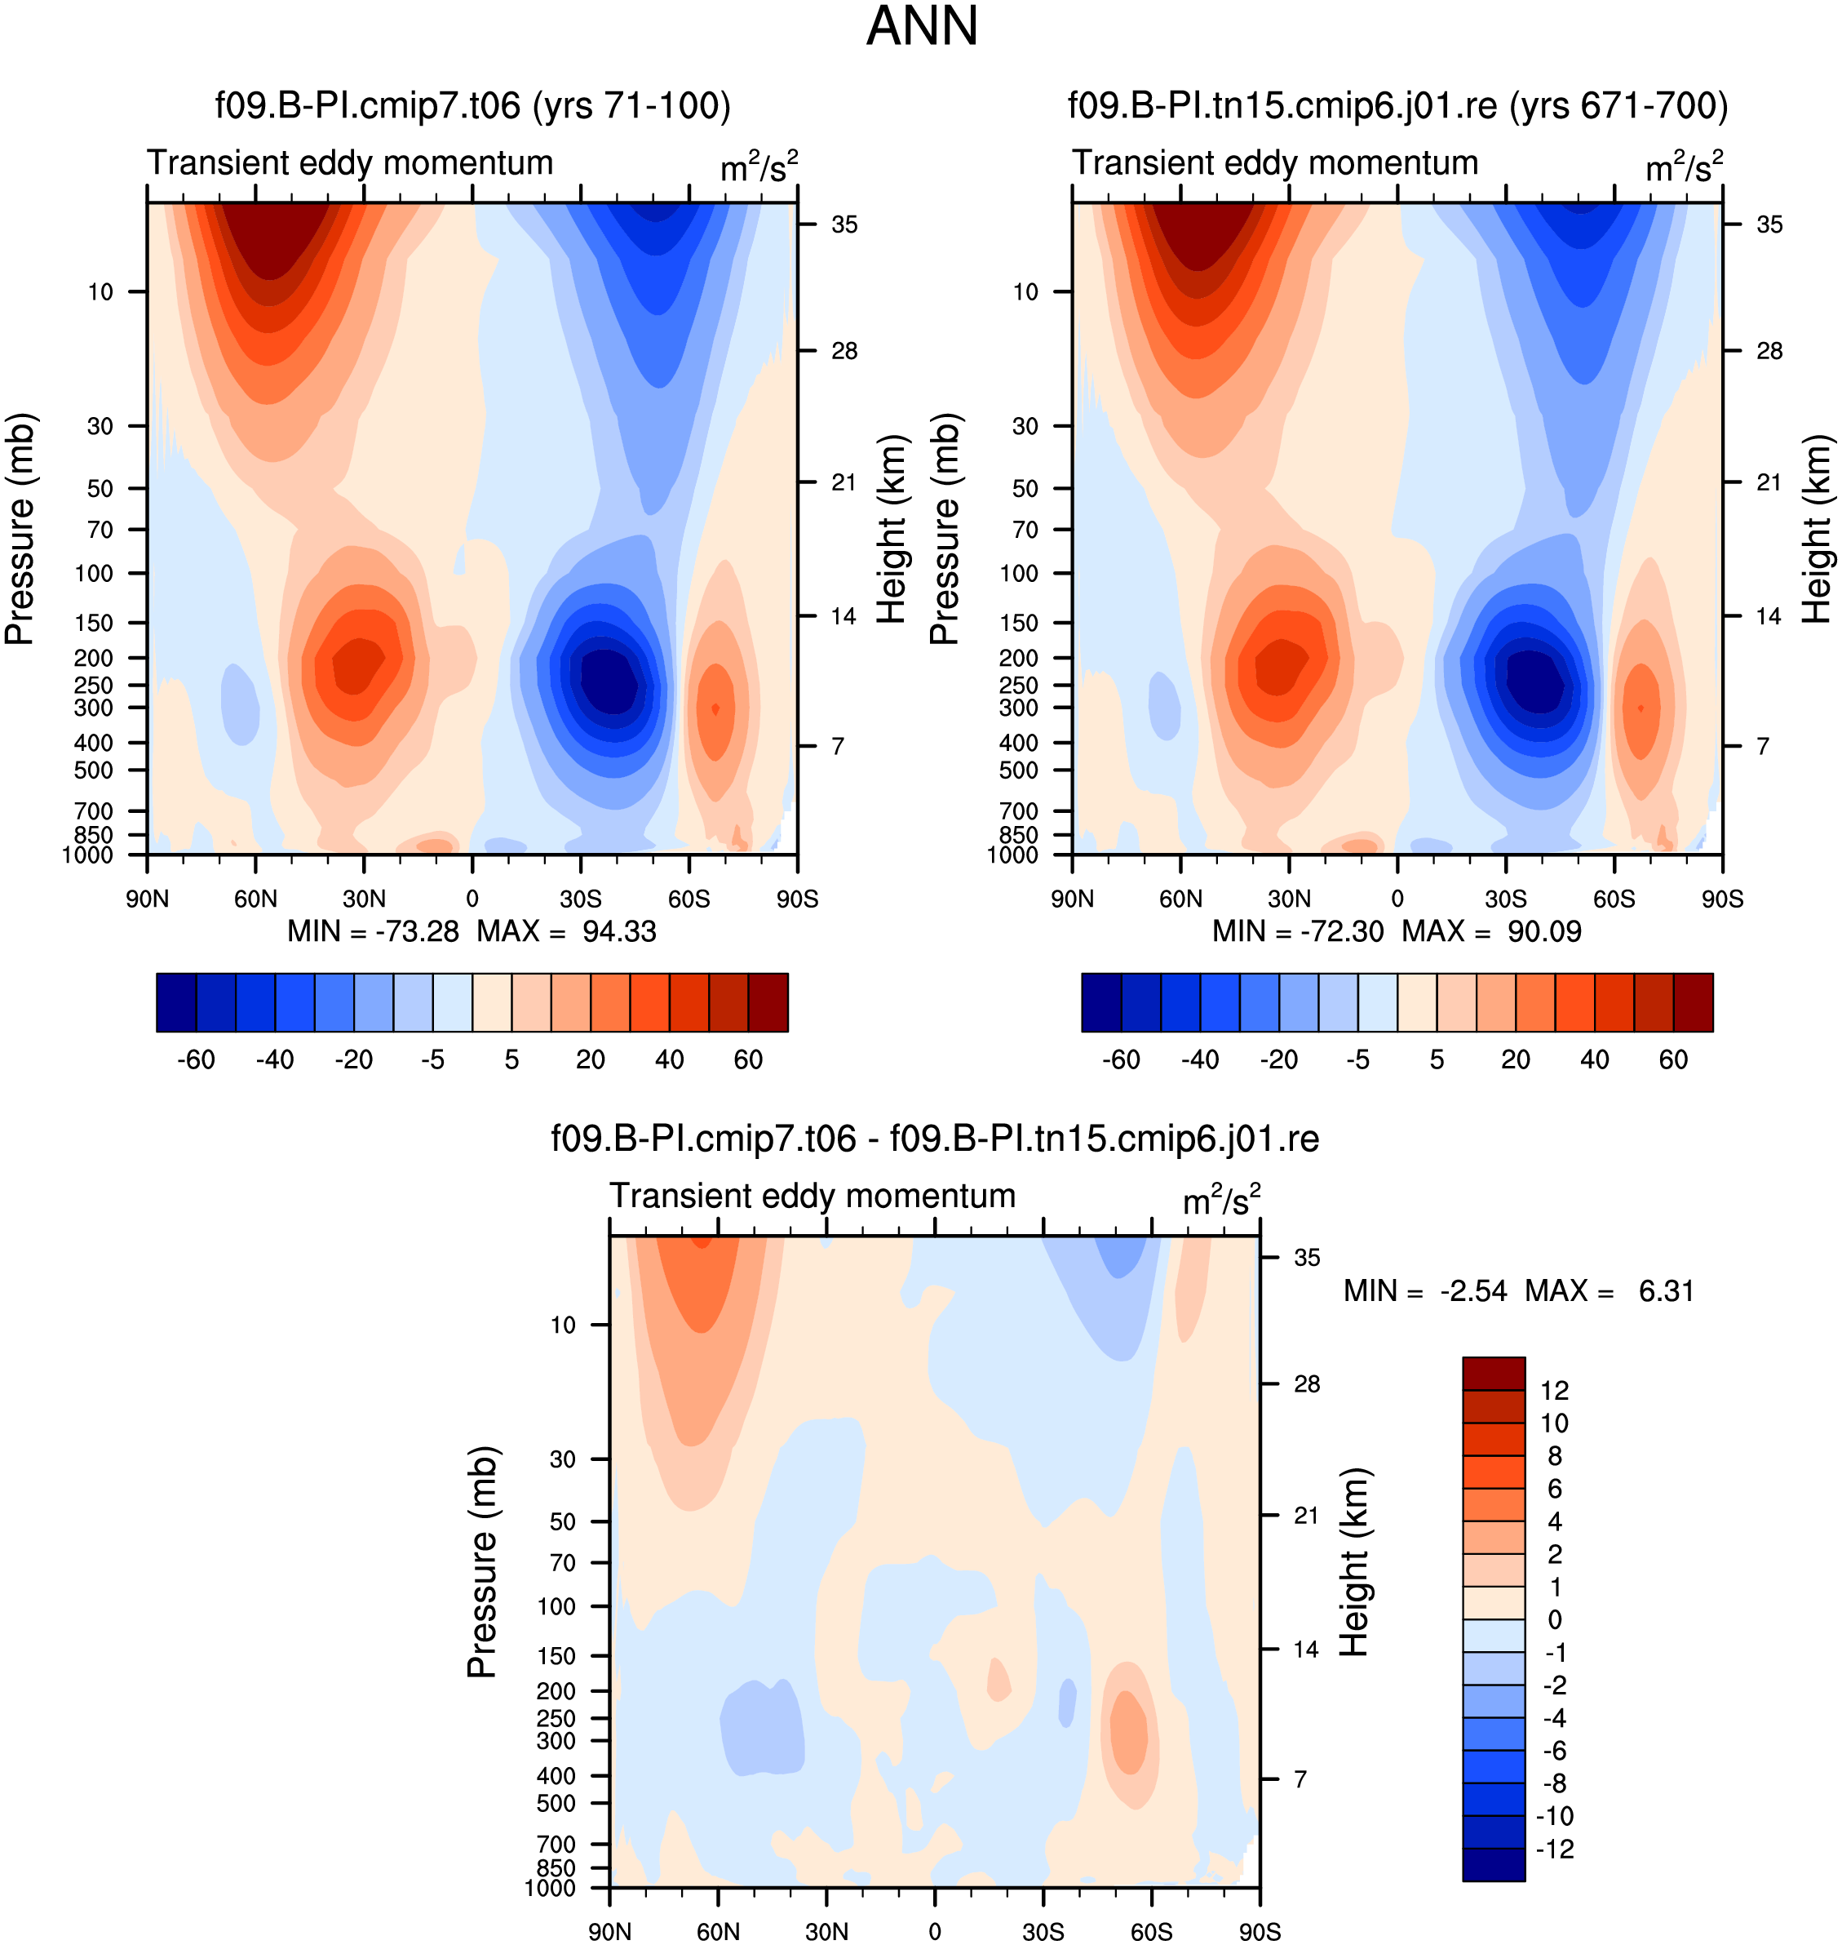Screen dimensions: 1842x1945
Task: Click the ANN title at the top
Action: click(922, 26)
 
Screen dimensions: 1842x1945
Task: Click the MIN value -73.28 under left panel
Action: click(418, 931)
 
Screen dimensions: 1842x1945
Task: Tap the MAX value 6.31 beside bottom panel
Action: click(1667, 1290)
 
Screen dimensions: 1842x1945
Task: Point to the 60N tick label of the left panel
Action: click(255, 899)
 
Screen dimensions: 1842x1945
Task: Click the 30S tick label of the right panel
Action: click(1506, 899)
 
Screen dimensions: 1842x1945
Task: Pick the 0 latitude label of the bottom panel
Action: click(935, 1931)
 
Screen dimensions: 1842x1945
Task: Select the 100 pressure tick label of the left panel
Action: click(95, 573)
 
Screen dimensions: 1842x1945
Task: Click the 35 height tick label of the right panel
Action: click(1769, 225)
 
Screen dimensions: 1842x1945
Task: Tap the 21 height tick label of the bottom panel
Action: click(1306, 1515)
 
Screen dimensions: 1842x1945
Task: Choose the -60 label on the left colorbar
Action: click(197, 1059)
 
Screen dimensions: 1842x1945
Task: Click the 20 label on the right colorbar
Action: click(1516, 1059)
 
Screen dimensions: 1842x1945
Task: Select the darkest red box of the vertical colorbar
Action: click(1494, 1374)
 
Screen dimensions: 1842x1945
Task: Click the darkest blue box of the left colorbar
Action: click(177, 1002)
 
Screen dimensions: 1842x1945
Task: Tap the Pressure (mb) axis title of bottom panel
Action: click(482, 1562)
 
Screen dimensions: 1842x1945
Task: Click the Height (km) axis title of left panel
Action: click(891, 530)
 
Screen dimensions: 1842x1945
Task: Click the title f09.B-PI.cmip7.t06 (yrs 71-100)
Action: click(473, 105)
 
